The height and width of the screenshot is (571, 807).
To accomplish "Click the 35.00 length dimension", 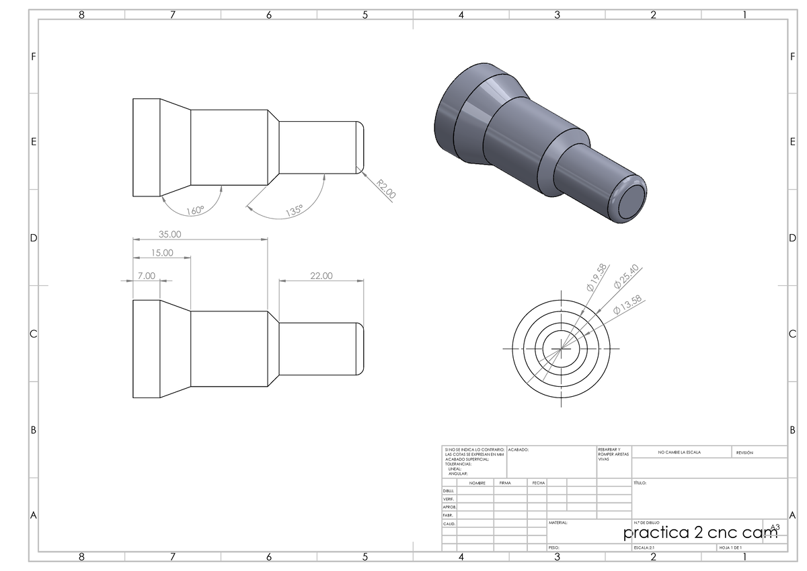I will [x=169, y=234].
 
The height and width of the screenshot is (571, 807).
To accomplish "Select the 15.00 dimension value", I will [x=161, y=253].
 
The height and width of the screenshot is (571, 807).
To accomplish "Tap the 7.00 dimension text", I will [x=146, y=276].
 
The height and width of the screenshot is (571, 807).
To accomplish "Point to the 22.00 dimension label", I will [x=321, y=276].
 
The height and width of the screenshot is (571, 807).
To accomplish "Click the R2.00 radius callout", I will [x=385, y=189].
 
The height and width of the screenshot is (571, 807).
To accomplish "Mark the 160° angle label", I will [x=195, y=211].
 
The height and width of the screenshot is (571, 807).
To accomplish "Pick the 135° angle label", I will [x=294, y=211].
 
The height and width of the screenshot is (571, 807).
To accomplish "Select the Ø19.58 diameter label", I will [x=597, y=277].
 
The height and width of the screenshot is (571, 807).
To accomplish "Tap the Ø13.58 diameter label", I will [x=628, y=305].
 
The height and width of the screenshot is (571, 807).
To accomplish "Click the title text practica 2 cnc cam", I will [x=699, y=533].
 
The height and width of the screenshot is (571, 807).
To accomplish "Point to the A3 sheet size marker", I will [x=774, y=527].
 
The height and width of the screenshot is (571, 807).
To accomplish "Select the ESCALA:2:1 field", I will [x=645, y=548].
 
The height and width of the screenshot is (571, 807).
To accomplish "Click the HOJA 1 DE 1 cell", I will [x=730, y=548].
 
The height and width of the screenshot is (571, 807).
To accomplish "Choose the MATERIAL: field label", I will [x=558, y=523].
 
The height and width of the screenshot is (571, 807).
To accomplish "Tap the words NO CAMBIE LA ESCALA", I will [x=679, y=453].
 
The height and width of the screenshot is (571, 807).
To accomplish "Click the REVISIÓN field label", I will [x=744, y=453].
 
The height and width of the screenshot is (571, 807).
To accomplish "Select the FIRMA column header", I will [x=505, y=483].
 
